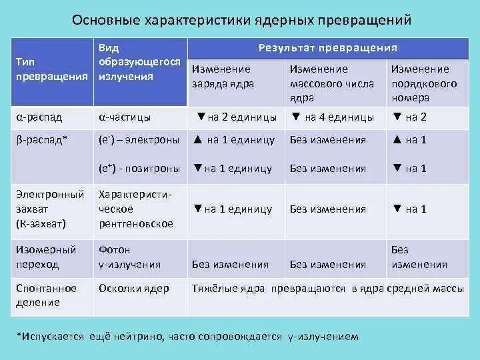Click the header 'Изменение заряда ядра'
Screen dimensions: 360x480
tap(223, 77)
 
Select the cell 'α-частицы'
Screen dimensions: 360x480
tap(124, 117)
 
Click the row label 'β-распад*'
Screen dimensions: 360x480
tap(41, 140)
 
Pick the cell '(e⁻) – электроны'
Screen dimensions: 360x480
tap(139, 140)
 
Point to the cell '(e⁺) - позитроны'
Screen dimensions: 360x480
tap(139, 169)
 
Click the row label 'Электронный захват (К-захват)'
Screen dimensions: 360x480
tap(49, 209)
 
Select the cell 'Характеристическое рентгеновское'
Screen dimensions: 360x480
tap(135, 209)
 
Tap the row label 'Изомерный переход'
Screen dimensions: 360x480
tap(47, 257)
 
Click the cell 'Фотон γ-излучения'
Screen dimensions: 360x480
tap(129, 257)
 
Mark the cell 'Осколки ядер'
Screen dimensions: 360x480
tap(133, 289)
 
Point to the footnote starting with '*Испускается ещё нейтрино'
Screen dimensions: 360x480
tap(187, 337)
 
